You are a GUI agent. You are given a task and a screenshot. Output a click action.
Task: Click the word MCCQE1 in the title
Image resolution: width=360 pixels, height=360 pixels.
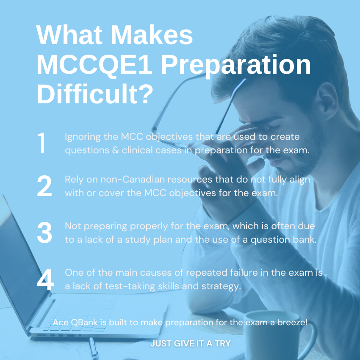coord(94,64)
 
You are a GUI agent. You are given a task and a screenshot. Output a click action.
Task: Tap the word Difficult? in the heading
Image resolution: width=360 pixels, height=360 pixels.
coord(95,94)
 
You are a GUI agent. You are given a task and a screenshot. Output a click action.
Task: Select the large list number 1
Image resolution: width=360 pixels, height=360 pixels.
coord(42,143)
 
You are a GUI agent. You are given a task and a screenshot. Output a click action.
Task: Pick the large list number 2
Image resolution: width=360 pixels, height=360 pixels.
coord(44,186)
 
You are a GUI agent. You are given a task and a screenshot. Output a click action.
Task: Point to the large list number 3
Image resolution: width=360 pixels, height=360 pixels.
coord(44,233)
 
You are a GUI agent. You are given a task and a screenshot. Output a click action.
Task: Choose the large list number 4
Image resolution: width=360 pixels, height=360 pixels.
coord(45,280)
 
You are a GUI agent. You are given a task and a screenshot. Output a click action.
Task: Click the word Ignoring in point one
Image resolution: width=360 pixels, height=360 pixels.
coord(83,137)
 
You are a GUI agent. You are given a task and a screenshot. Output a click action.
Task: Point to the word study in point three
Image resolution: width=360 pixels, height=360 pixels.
coord(138,240)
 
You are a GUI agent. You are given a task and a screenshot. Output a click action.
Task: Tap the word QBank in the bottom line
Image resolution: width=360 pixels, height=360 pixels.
coord(84,322)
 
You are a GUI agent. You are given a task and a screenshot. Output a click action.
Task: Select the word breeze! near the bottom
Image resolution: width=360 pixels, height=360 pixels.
coord(292,322)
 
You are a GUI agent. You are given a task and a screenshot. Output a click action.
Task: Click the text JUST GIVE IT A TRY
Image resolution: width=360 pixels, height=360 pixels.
coord(191,343)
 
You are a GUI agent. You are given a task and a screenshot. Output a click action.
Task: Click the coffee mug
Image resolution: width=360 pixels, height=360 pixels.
coord(276,335)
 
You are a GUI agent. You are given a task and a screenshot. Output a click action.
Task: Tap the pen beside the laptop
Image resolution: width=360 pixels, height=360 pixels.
coord(94,348)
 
